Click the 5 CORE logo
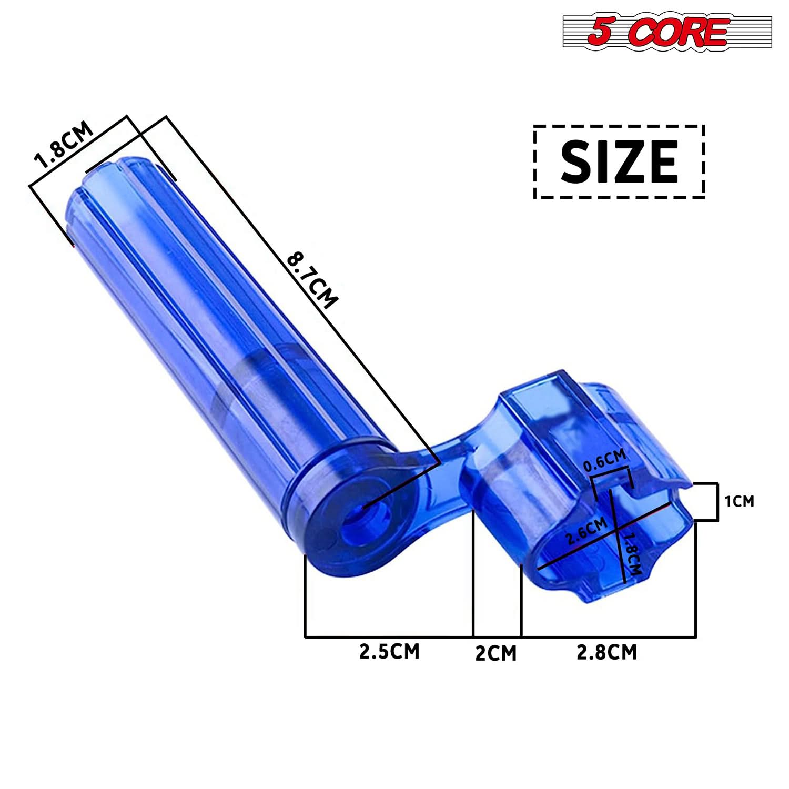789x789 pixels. (x=667, y=32)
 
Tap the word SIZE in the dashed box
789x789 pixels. (x=619, y=161)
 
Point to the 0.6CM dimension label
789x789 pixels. (x=605, y=461)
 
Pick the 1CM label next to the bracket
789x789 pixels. (x=740, y=502)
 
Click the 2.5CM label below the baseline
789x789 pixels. (x=389, y=651)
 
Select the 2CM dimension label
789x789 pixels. (x=495, y=653)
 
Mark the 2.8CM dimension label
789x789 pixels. (x=606, y=652)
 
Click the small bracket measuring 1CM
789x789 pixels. (x=716, y=502)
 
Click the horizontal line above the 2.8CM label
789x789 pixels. (x=608, y=637)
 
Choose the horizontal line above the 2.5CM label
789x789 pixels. (x=389, y=637)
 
